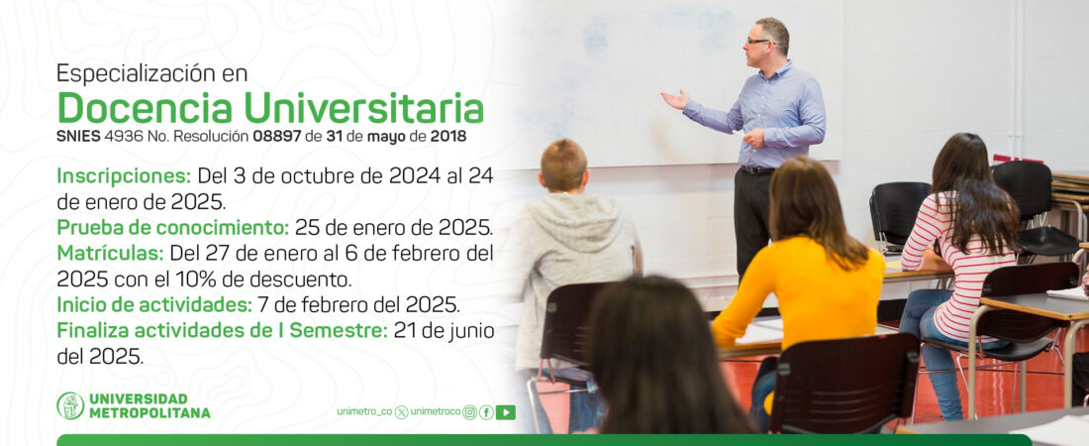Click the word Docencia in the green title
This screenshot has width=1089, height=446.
coord(146,108)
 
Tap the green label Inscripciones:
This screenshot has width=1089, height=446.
coord(124,176)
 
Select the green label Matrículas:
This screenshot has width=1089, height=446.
coord(110,252)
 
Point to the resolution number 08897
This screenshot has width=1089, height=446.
coord(277,137)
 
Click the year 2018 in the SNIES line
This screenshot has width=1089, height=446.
coord(447,137)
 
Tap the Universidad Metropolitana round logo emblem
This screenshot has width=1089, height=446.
coord(70,405)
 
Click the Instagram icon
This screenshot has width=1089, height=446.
coord(470,412)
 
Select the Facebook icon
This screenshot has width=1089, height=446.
coord(487,412)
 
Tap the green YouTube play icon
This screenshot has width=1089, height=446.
coord(506,412)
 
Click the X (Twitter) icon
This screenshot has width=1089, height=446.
coord(401,412)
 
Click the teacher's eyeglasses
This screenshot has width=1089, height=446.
coord(758,42)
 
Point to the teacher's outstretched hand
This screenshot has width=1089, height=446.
coord(673,100)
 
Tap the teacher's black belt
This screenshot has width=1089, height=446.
coord(756,169)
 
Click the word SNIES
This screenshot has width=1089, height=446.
coord(78,137)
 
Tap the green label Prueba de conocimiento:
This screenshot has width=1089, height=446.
coord(173,228)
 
